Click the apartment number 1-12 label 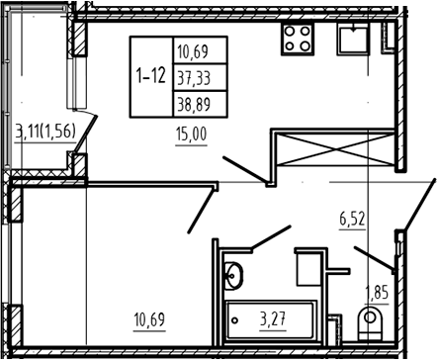[150, 76]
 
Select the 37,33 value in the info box [194, 78]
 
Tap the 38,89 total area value [194, 105]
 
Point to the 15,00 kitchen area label [191, 135]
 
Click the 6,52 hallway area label [353, 220]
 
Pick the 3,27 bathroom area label [273, 319]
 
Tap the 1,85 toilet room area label [377, 293]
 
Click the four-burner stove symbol [298, 39]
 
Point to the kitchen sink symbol [353, 39]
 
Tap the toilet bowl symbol [370, 323]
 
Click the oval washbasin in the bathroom [233, 276]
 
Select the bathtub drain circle [234, 320]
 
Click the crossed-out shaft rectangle [335, 149]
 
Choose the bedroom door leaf [201, 211]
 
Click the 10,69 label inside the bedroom [149, 320]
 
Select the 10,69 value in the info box [193, 52]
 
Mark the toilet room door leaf [374, 258]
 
